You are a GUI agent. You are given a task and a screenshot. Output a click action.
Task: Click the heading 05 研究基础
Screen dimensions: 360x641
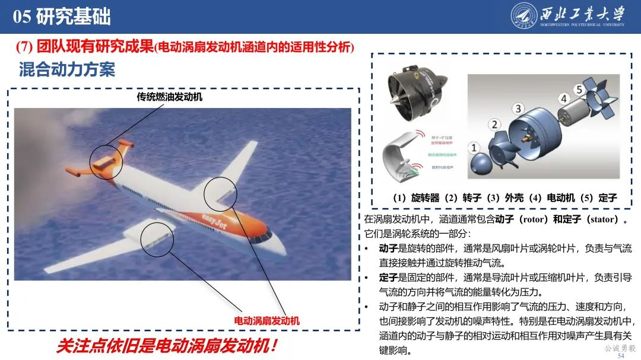tap(62, 17)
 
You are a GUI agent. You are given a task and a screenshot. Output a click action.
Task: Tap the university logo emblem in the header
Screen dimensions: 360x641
tap(524, 17)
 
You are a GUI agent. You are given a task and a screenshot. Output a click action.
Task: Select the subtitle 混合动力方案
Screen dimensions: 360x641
tap(66, 69)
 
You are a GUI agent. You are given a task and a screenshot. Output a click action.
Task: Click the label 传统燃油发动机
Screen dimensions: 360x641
tap(170, 97)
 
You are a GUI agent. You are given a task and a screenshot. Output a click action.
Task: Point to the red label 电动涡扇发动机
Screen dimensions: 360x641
tap(267, 321)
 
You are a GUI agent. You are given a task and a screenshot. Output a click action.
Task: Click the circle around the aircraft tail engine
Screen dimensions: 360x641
tap(106, 160)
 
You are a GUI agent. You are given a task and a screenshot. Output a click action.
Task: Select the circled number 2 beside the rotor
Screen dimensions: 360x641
tap(494, 125)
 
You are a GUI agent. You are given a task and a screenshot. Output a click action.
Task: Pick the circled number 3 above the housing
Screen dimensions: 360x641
tap(518, 109)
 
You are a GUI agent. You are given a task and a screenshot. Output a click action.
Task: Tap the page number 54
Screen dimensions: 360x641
tap(621, 355)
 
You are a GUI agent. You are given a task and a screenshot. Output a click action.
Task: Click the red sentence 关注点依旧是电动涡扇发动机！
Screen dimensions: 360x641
tap(167, 346)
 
